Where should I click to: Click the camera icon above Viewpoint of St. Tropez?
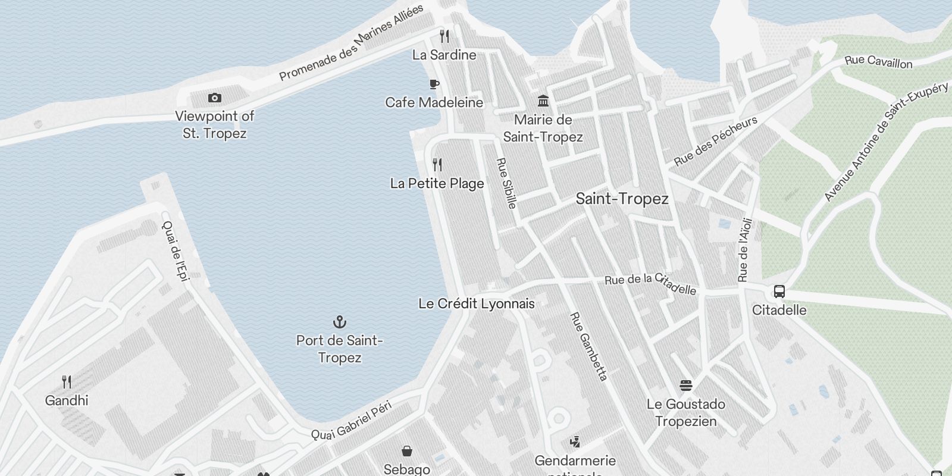(215, 98)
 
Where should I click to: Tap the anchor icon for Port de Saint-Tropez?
(339, 322)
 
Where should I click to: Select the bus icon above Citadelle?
(779, 292)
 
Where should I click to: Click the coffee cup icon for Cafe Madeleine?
(434, 84)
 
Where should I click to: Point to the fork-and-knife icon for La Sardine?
(444, 36)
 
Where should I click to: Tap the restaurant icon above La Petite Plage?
(437, 165)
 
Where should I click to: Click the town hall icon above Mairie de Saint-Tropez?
(543, 101)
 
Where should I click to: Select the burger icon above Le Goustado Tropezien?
(686, 386)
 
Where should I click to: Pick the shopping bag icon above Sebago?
(407, 451)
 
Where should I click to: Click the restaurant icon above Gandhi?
(67, 382)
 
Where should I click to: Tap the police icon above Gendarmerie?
(575, 442)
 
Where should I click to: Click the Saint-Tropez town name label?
(622, 199)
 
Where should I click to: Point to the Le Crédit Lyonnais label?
(477, 303)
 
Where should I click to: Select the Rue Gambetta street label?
(588, 347)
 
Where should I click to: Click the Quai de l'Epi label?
(175, 250)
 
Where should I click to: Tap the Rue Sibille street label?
(506, 183)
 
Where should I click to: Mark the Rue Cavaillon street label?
(878, 61)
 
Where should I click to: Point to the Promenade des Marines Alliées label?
(352, 42)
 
